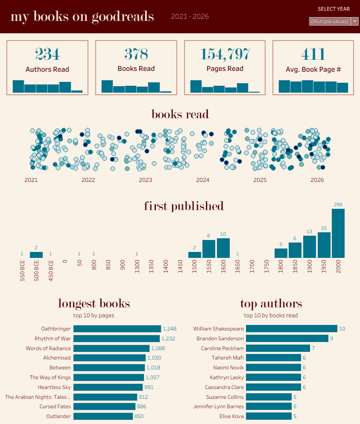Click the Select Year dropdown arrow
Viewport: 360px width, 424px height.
tap(354, 21)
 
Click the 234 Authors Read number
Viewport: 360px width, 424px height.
tap(47, 54)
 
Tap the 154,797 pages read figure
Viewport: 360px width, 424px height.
tap(225, 54)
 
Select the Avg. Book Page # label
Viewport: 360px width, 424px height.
tap(313, 69)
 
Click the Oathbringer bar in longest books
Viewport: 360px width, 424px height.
tap(117, 329)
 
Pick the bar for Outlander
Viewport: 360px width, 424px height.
tap(103, 416)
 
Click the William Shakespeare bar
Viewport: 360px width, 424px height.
tap(291, 329)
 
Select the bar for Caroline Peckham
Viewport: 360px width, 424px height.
tap(278, 348)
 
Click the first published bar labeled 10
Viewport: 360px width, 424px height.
tap(223, 248)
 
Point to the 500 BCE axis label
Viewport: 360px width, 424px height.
tap(37, 270)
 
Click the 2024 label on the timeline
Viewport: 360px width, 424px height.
tap(203, 180)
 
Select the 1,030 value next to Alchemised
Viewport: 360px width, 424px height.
tap(154, 358)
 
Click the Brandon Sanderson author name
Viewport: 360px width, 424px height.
tap(220, 339)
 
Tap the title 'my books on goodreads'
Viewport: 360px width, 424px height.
tap(82, 17)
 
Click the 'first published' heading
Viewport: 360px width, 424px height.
tap(184, 206)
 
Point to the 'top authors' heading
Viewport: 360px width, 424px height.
tap(271, 304)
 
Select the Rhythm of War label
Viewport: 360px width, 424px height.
tap(53, 339)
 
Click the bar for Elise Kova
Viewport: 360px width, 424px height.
tap(269, 416)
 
